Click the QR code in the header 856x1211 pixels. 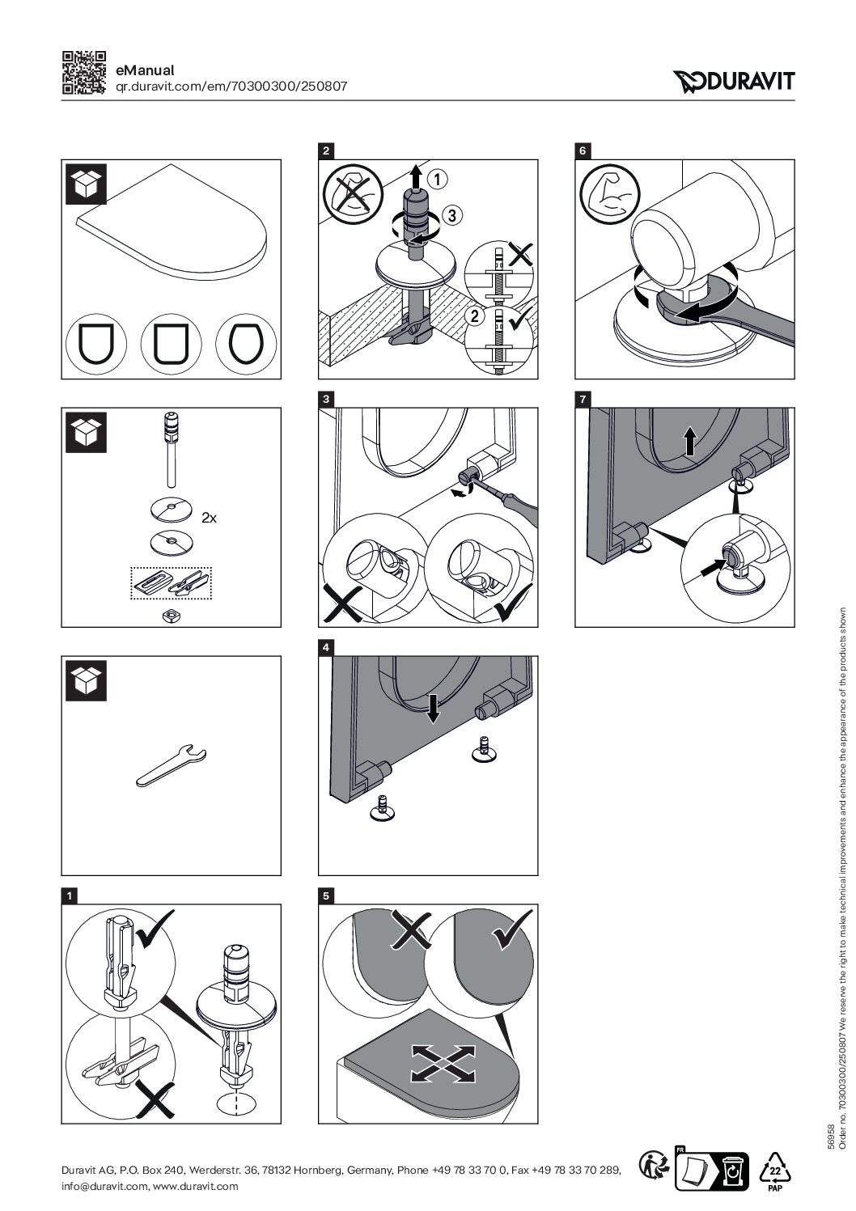tap(83, 73)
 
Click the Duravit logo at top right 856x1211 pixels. tap(733, 80)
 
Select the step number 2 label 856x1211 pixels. tap(325, 150)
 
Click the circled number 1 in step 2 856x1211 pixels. tap(435, 177)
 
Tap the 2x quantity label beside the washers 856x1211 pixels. tap(209, 518)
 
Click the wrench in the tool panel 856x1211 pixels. tap(172, 764)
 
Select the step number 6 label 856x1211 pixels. tap(582, 150)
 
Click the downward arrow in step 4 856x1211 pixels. tap(434, 709)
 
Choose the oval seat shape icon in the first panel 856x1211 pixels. tap(244, 345)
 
